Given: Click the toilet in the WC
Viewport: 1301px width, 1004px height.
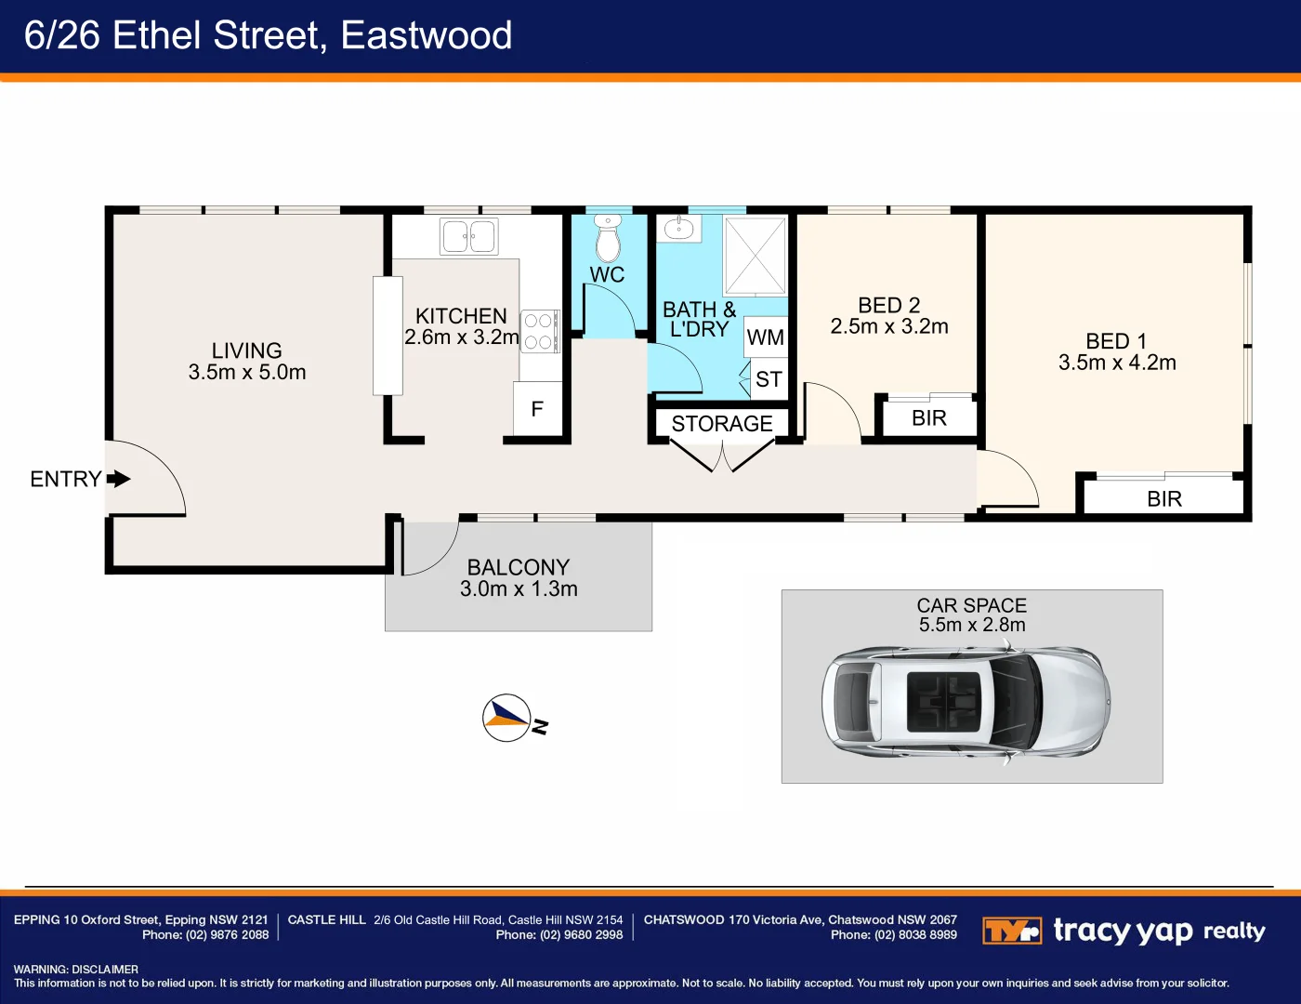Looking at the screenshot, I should tap(608, 240).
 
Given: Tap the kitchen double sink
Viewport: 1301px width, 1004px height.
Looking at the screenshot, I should tap(469, 236).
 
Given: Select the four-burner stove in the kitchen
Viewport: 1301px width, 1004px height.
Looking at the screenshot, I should tap(539, 331).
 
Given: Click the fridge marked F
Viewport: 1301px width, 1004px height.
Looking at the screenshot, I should tap(537, 409).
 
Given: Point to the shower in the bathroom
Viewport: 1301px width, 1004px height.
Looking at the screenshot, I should tap(755, 256).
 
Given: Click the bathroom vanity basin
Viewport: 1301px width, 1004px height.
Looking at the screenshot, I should tap(679, 228).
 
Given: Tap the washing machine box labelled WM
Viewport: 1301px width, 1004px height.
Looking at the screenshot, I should tap(766, 337).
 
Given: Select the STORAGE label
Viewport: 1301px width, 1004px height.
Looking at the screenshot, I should tap(722, 424).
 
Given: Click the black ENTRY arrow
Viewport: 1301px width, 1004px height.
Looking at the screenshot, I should tap(118, 479).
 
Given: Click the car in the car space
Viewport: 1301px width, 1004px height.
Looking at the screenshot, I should tap(966, 699).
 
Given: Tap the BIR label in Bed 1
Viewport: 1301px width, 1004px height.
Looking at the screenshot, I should tap(1164, 499).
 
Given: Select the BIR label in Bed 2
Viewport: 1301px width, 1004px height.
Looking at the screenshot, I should tap(929, 418).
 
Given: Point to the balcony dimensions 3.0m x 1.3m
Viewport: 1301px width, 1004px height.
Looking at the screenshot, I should tap(519, 589).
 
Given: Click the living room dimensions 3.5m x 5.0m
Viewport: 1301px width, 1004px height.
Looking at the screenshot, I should tap(247, 373).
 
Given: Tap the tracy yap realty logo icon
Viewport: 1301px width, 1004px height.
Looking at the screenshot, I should tap(1011, 931).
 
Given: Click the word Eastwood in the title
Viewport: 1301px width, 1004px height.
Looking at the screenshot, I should tap(427, 35).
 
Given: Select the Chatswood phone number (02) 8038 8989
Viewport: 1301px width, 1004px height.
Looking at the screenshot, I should tap(915, 935).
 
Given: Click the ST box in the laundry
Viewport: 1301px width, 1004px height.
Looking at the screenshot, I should tap(769, 379).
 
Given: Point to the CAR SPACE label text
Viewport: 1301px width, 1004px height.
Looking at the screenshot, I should tap(972, 605).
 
